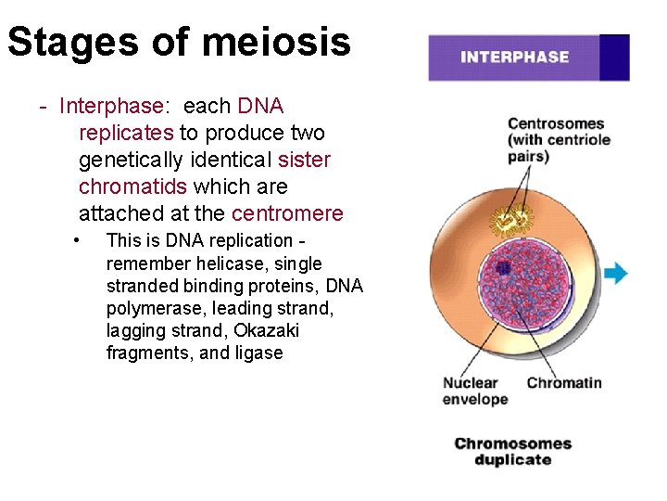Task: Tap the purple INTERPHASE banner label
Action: point(514,58)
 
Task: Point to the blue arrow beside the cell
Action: point(615,273)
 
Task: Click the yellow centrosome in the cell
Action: point(511,220)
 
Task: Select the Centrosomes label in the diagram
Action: point(556,123)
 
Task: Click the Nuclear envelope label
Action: point(475,391)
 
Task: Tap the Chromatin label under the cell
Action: point(564,382)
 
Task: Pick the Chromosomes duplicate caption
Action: point(513,452)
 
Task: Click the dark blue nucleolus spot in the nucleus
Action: point(503,268)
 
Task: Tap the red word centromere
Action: point(287,213)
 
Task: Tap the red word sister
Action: point(304,160)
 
